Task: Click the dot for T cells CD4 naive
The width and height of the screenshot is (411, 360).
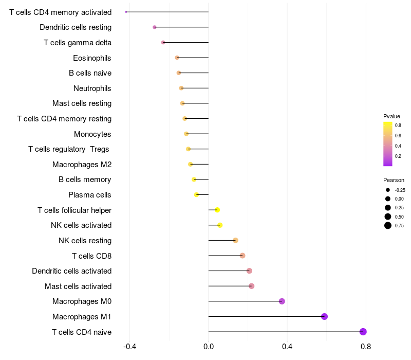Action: [363, 332]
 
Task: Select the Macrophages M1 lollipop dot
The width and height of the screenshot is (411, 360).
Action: [324, 316]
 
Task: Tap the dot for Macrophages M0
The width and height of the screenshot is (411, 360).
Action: [282, 301]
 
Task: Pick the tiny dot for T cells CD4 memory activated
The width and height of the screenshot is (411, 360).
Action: [126, 12]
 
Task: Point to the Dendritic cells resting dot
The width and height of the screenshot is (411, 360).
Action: [155, 27]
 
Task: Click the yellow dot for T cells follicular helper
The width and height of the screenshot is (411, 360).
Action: [217, 210]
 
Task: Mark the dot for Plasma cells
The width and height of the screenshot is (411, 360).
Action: [196, 195]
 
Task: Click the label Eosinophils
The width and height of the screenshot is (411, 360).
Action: [92, 58]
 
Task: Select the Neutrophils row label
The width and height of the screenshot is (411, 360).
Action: [92, 88]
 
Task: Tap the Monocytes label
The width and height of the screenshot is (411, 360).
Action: [92, 134]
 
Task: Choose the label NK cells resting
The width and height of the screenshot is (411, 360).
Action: [85, 241]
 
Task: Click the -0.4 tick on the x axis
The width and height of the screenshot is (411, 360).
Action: [129, 347]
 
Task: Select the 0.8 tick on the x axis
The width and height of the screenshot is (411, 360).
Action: [366, 347]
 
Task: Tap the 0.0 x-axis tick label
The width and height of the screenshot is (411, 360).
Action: [209, 347]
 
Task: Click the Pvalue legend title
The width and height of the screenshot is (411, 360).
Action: [391, 116]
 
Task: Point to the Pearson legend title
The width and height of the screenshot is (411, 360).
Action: [394, 181]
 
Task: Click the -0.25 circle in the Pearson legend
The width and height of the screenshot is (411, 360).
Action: [388, 190]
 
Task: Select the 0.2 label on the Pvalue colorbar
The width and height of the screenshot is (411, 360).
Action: [398, 156]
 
